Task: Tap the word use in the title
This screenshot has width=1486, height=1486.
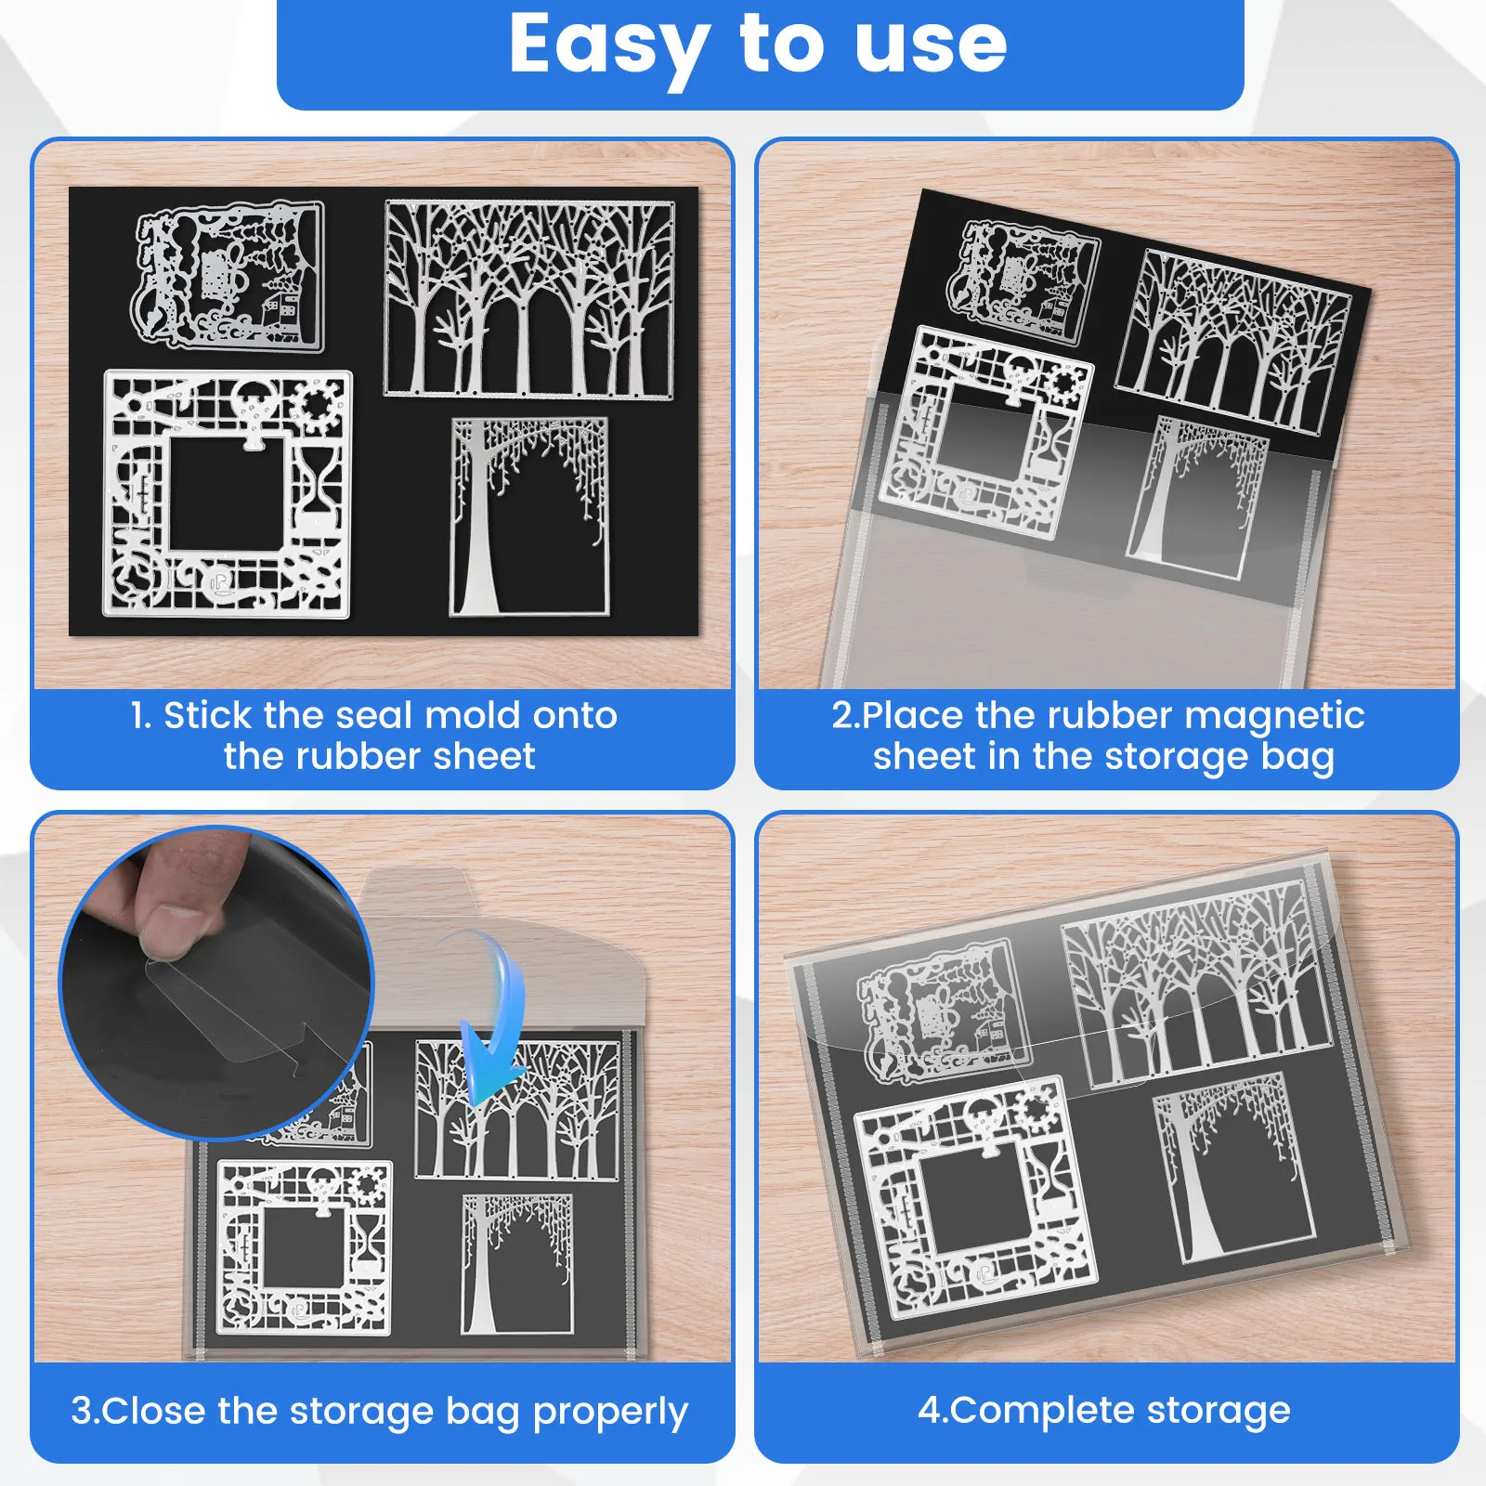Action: (931, 46)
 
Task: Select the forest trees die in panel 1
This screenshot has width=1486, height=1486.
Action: (529, 299)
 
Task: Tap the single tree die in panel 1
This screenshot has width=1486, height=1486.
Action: (529, 516)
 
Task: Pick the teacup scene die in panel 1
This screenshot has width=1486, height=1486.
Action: (228, 277)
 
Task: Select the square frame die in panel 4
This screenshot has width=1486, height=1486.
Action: (975, 1198)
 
